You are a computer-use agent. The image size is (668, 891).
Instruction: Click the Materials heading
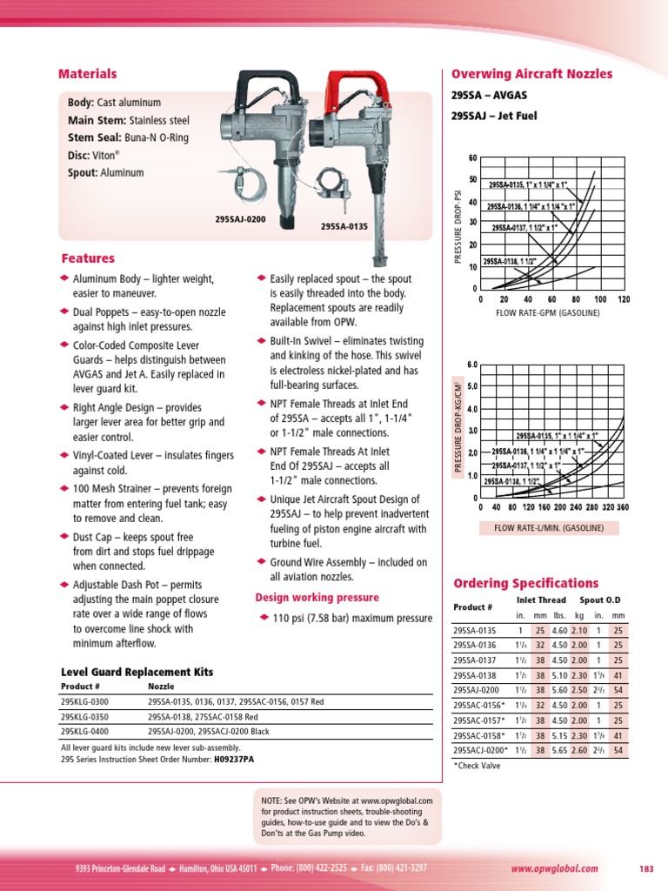[87, 75]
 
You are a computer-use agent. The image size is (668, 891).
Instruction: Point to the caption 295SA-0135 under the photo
[344, 226]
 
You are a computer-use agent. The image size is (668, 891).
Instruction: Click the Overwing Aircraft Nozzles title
[531, 75]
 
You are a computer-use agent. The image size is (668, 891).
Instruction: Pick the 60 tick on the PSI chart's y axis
[472, 157]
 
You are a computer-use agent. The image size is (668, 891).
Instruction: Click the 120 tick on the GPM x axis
[623, 298]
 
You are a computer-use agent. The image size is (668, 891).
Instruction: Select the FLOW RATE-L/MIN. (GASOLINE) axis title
[543, 528]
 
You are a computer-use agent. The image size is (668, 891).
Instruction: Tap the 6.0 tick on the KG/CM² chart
[472, 365]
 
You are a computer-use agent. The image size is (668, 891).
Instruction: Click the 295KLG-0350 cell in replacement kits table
[84, 717]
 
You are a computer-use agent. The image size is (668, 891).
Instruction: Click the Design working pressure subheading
[317, 598]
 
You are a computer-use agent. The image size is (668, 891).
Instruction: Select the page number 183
[645, 868]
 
